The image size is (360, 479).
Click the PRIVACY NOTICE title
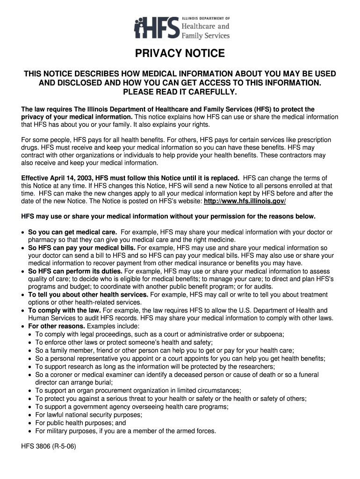(180, 54)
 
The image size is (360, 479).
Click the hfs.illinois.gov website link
(245, 201)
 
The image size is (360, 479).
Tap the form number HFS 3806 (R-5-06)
(48, 446)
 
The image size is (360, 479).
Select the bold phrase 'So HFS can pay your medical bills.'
(82, 247)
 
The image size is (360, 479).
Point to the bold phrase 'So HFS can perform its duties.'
(75, 271)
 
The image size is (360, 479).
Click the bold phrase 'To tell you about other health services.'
(88, 295)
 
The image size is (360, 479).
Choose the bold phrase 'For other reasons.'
(57, 326)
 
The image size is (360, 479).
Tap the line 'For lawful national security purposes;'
(89, 414)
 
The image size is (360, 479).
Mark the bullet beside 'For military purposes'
(30, 431)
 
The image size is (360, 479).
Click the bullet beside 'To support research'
(30, 367)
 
